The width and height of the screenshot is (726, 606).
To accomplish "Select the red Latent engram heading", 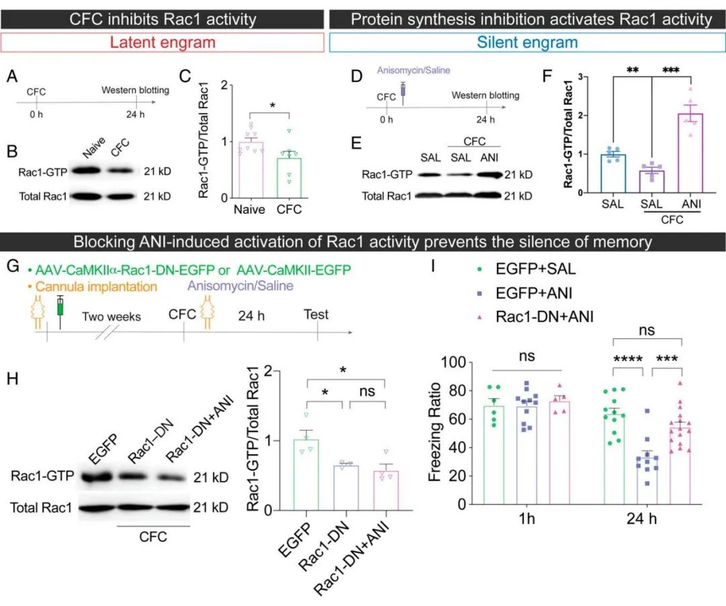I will click(164, 43).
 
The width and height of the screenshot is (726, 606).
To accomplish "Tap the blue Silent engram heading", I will click(528, 43).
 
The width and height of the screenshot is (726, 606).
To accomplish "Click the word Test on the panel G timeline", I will click(316, 314).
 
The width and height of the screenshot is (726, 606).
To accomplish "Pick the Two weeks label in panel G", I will click(112, 316).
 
